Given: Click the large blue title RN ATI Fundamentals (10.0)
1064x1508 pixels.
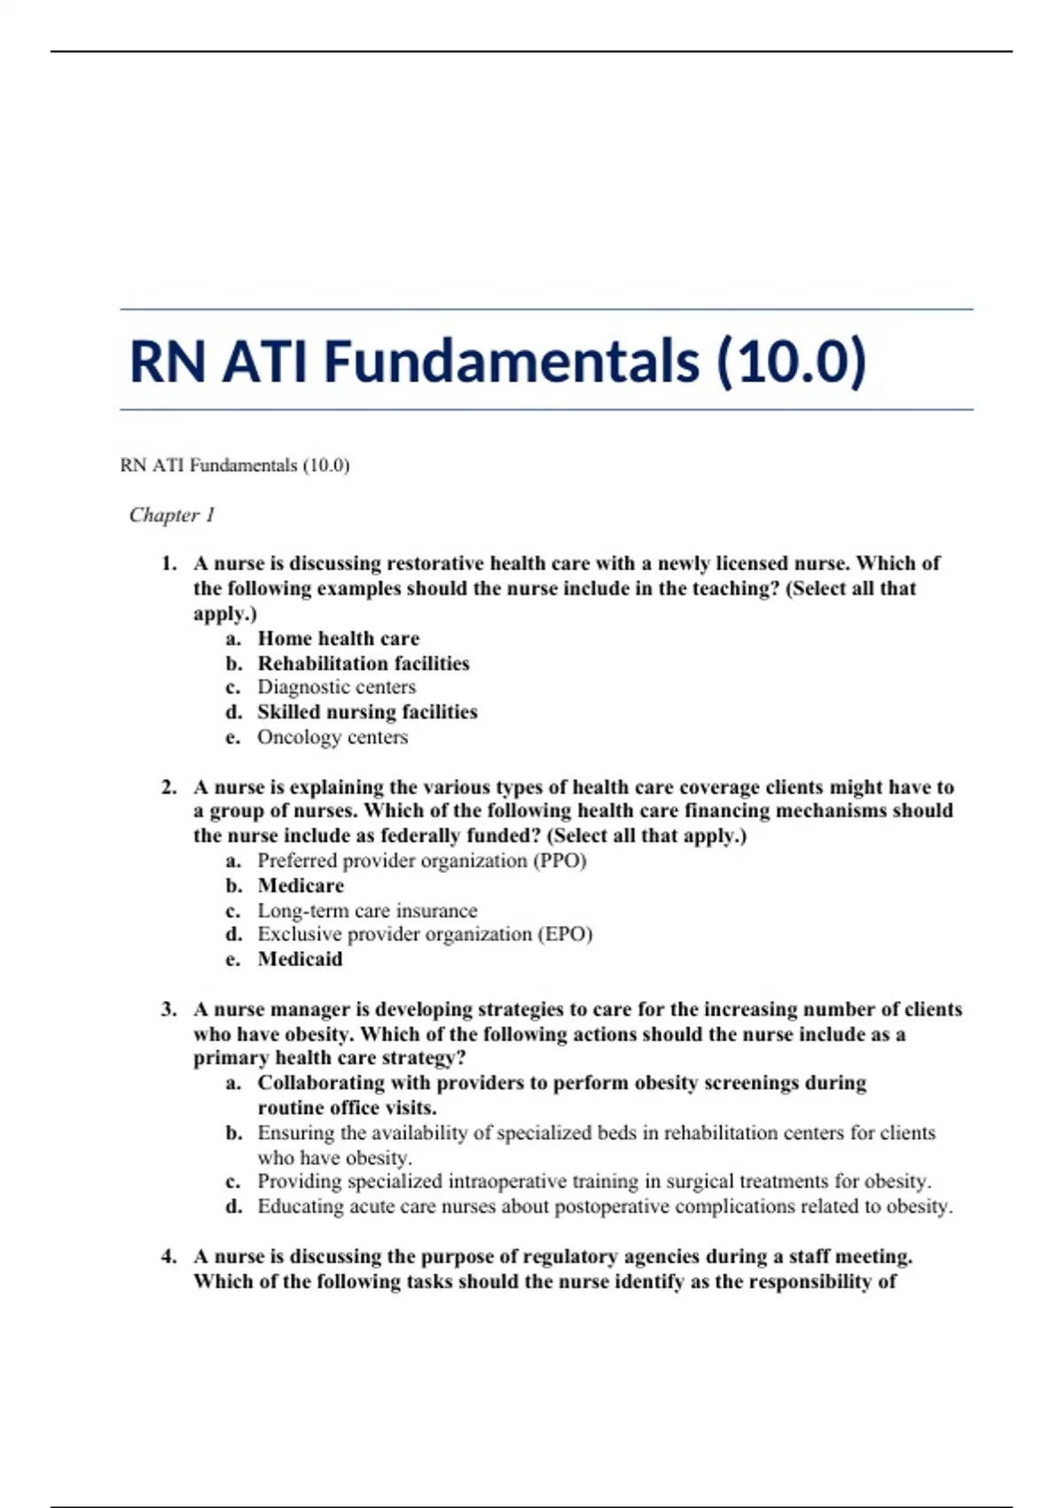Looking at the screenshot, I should click(497, 361).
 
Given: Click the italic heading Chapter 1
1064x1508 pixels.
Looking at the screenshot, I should click(172, 515).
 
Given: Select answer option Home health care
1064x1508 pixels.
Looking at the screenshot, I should click(338, 639).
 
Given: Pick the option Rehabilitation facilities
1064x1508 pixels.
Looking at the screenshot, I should click(364, 664).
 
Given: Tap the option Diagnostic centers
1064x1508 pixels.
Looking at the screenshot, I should click(336, 687).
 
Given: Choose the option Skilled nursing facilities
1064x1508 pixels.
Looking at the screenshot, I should click(367, 712).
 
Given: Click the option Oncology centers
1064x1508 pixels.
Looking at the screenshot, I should click(332, 737).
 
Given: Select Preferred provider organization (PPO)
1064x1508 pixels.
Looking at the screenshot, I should click(422, 860).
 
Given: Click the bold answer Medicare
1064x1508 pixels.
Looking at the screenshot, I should click(301, 885).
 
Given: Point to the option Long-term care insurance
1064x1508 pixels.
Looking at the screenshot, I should click(367, 910).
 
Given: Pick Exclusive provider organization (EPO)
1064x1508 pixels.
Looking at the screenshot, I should click(425, 934).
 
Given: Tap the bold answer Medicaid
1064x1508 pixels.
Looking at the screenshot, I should click(300, 959).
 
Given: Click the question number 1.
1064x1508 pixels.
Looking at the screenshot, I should click(168, 564).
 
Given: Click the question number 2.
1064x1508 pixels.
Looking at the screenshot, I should click(168, 787).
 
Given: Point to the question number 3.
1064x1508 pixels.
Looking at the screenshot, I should click(168, 1009).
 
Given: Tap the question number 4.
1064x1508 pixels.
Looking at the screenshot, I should click(168, 1257).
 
